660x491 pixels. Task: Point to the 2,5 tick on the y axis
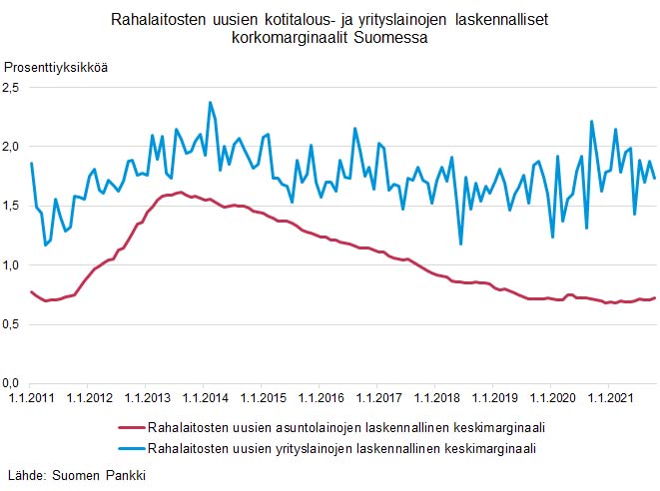pyautogui.click(x=12, y=88)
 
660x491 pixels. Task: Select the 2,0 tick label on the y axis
pyautogui.click(x=12, y=147)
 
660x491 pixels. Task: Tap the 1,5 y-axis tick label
pyautogui.click(x=12, y=206)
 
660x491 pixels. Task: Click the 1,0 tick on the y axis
pyautogui.click(x=12, y=265)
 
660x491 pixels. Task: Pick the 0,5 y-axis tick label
pyautogui.click(x=12, y=324)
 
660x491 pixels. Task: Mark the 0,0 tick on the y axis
pyautogui.click(x=12, y=383)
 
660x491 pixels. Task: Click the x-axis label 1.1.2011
pyautogui.click(x=31, y=400)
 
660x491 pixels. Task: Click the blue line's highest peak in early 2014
pyautogui.click(x=210, y=102)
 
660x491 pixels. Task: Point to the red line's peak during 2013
pyautogui.click(x=179, y=193)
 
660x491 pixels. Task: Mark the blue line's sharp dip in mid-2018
pyautogui.click(x=460, y=244)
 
